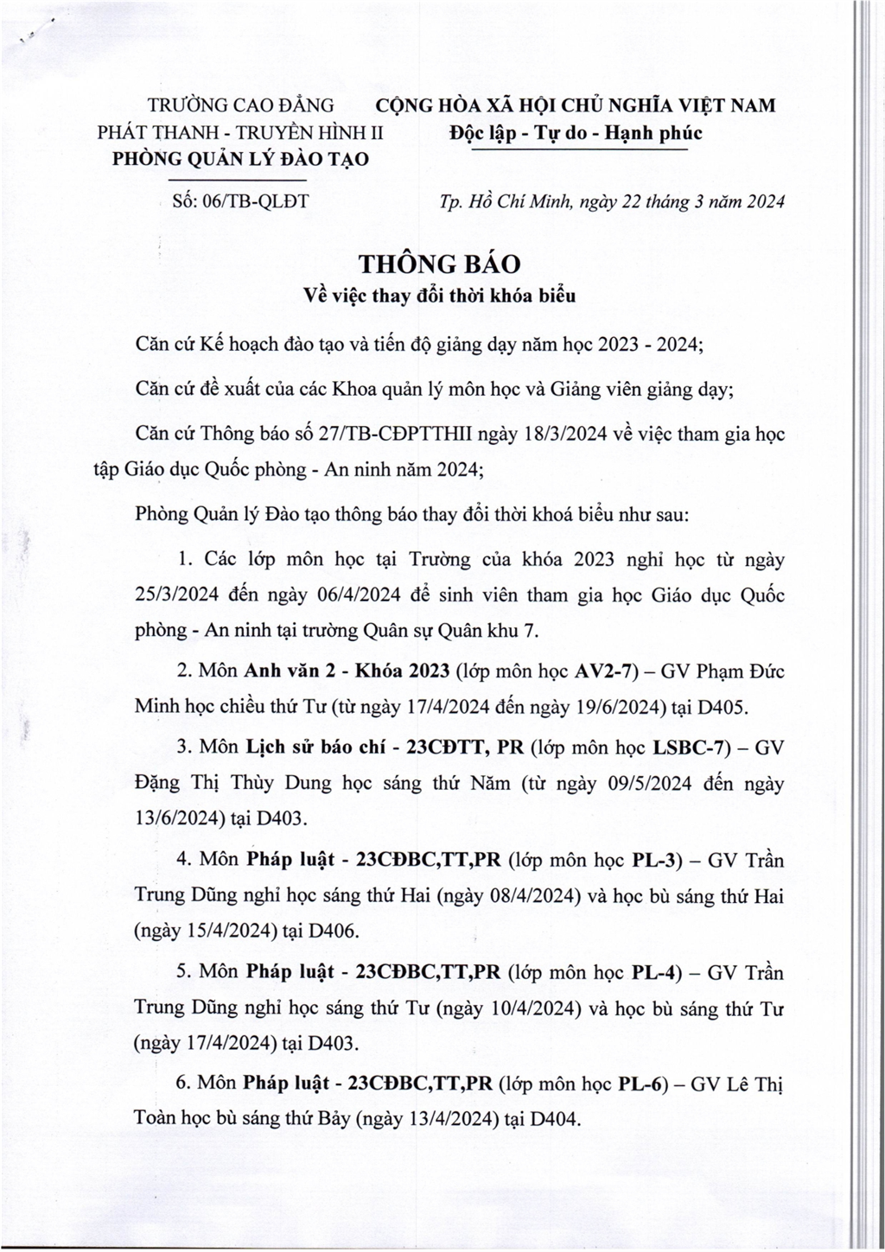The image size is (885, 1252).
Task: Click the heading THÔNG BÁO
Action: tap(442, 262)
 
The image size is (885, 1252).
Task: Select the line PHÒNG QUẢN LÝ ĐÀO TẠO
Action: tap(241, 159)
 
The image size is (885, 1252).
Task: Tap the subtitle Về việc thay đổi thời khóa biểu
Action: tap(441, 295)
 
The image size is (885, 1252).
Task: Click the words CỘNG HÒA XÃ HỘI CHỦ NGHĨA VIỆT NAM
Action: tap(575, 105)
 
